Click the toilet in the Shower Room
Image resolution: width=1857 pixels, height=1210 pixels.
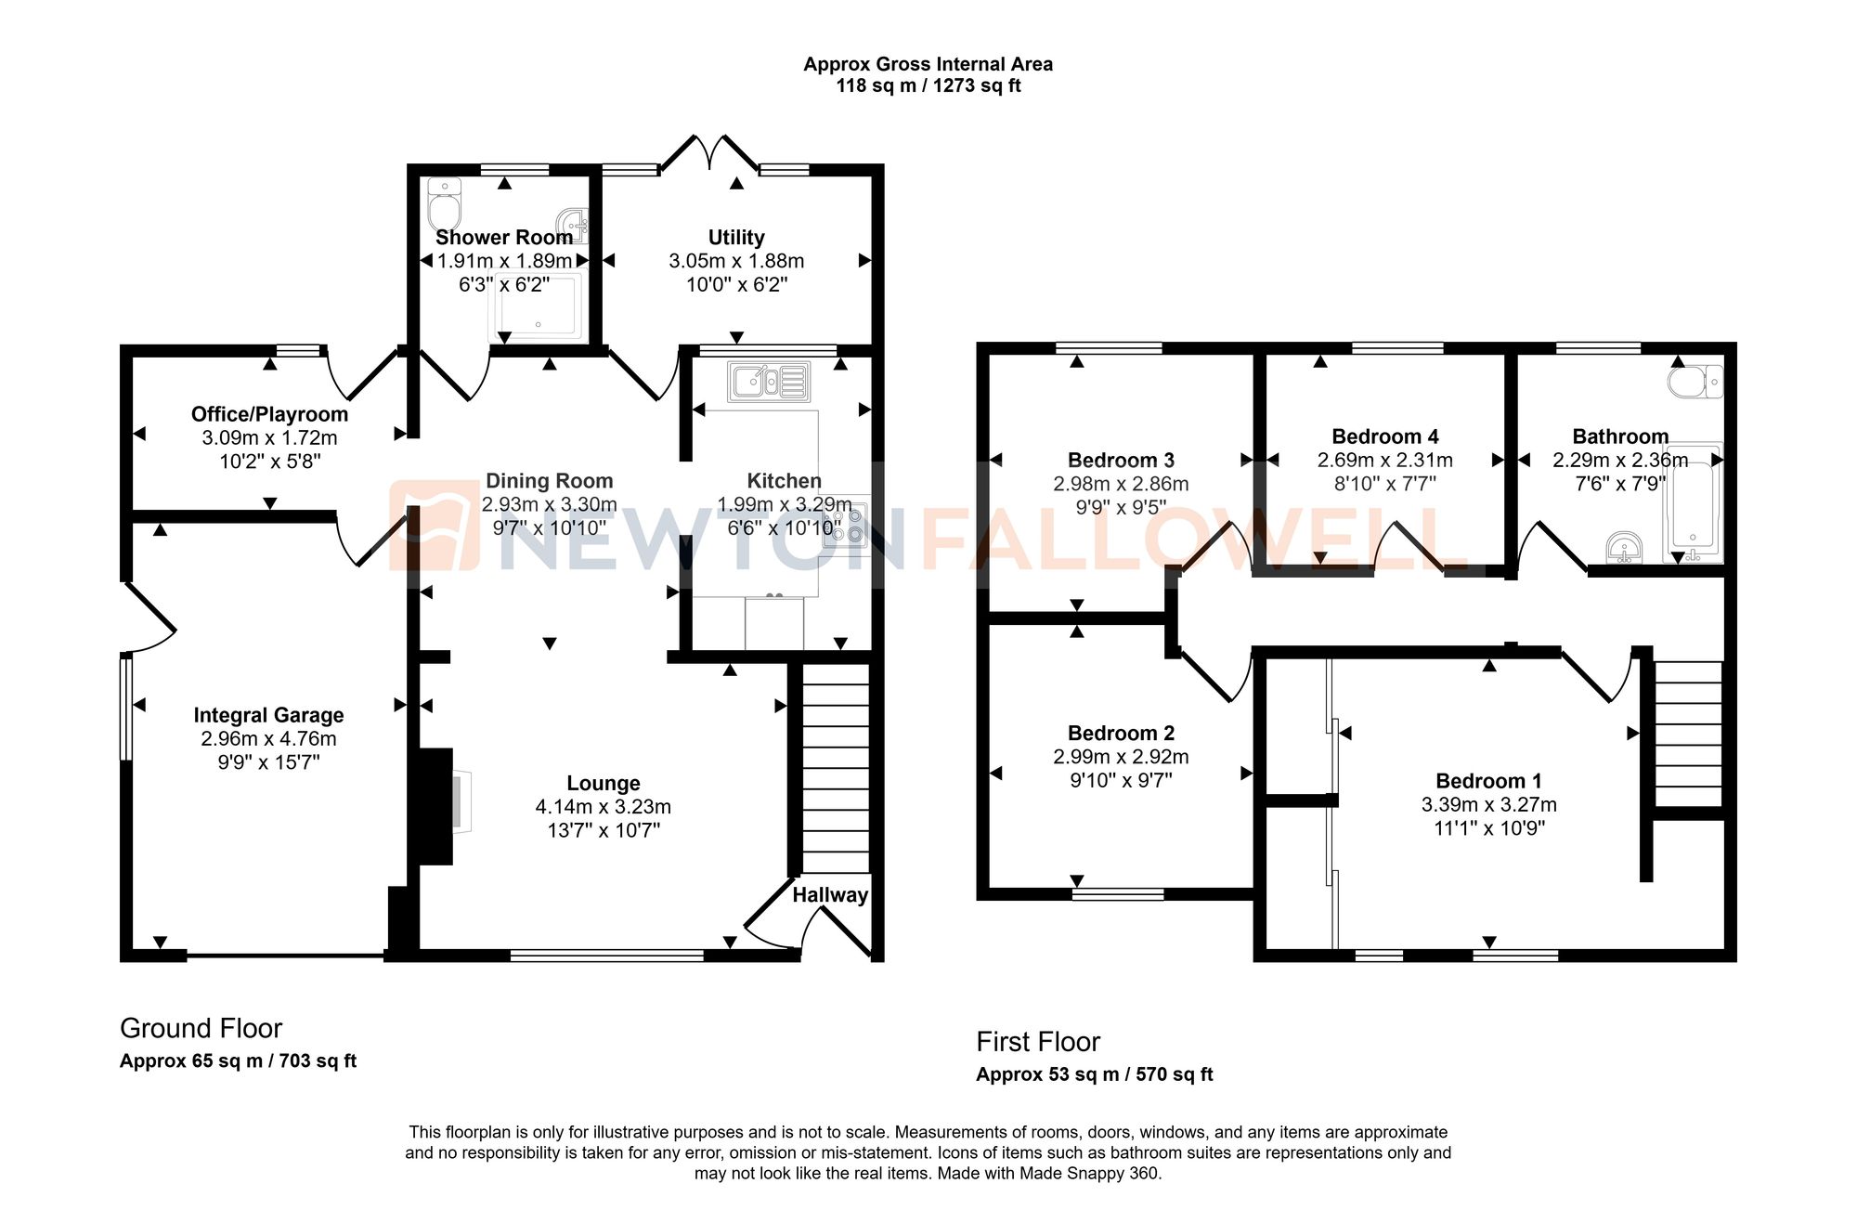coord(444,203)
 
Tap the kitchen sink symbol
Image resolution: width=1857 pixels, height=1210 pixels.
coord(769,381)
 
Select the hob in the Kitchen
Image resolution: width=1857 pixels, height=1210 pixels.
coord(846,521)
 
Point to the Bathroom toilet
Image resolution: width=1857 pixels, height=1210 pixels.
coord(1695,382)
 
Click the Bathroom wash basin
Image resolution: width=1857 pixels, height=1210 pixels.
coord(1623,547)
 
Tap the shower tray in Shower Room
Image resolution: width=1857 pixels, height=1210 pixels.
coord(538,306)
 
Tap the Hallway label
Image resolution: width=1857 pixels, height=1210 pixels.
coord(829,895)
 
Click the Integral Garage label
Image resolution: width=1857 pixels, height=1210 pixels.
coord(268,715)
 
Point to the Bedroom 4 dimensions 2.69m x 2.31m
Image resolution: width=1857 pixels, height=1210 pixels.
coord(1384,461)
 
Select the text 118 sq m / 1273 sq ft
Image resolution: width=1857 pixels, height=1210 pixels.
coord(928,86)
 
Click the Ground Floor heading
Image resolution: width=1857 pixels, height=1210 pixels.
coord(201,1028)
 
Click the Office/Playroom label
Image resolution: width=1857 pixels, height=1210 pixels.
coord(269,414)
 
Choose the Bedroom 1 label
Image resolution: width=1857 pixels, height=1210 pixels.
coord(1487,781)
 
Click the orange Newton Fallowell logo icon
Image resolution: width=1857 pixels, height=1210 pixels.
coord(435,525)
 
